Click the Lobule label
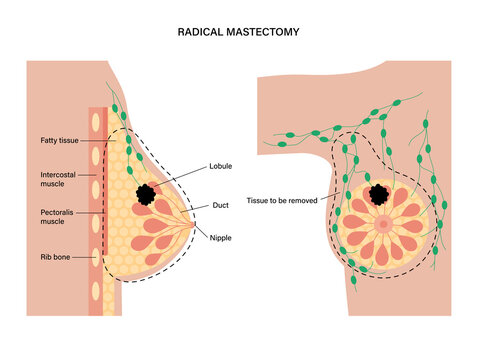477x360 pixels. [x=221, y=165]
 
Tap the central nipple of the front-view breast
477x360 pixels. [x=384, y=223]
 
